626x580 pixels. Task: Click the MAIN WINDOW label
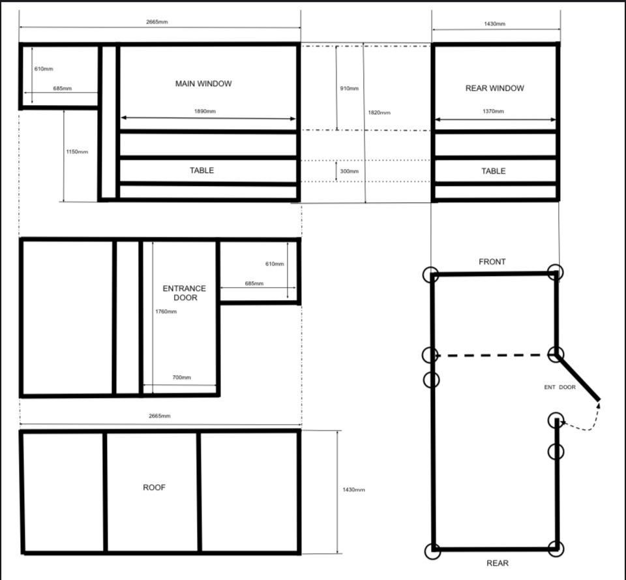pyautogui.click(x=203, y=84)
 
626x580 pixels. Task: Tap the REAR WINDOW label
pyautogui.click(x=495, y=88)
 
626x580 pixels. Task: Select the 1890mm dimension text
pyautogui.click(x=205, y=111)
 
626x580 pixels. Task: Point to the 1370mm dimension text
pyautogui.click(x=493, y=111)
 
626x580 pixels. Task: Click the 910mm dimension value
pyautogui.click(x=350, y=88)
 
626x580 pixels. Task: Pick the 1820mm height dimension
pyautogui.click(x=380, y=113)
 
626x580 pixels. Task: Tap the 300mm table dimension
pyautogui.click(x=350, y=171)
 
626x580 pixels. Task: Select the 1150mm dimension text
pyautogui.click(x=77, y=152)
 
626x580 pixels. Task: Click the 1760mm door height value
pyautogui.click(x=166, y=312)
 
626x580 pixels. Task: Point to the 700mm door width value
pyautogui.click(x=182, y=378)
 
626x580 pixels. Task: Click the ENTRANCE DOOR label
pyautogui.click(x=185, y=293)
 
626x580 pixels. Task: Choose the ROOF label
pyautogui.click(x=154, y=487)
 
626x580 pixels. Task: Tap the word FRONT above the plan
pyautogui.click(x=492, y=262)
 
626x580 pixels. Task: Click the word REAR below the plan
pyautogui.click(x=498, y=563)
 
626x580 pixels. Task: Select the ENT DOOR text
pyautogui.click(x=559, y=387)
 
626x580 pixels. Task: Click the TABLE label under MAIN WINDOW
pyautogui.click(x=201, y=170)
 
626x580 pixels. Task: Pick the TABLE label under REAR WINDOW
pyautogui.click(x=494, y=171)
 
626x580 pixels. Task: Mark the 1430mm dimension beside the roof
pyautogui.click(x=353, y=490)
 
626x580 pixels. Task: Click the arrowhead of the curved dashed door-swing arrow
pyautogui.click(x=599, y=405)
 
